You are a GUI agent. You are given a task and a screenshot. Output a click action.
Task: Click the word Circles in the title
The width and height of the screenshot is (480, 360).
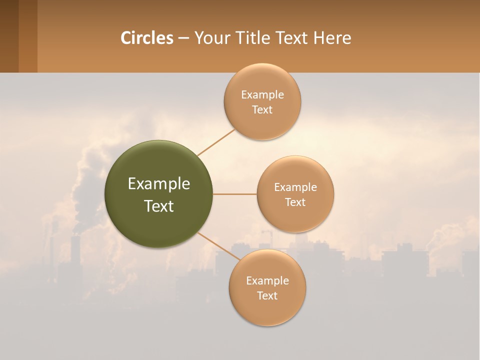pos(146,38)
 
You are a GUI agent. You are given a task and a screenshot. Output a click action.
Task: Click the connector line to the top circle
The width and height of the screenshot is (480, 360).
pos(215,142)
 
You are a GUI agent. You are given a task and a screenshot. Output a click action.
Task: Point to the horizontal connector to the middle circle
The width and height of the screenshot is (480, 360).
pos(235,194)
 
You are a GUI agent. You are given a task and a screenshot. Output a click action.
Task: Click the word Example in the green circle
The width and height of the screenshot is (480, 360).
pos(159,184)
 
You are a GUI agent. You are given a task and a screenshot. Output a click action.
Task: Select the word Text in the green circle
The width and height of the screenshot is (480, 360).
pos(159,206)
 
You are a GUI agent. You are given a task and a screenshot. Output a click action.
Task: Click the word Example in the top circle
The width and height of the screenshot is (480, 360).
pos(262,95)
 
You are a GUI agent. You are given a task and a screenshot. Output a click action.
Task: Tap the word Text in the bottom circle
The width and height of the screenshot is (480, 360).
pos(267,296)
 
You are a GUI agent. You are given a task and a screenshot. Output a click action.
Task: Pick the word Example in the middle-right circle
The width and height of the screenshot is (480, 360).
pos(295,187)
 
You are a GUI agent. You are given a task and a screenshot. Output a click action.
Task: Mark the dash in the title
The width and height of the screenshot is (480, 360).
pos(183,38)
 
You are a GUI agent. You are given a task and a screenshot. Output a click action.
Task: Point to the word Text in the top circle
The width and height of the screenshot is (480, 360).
pos(262,110)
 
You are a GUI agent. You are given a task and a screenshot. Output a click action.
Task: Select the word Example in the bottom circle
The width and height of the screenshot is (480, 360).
pos(267,281)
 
